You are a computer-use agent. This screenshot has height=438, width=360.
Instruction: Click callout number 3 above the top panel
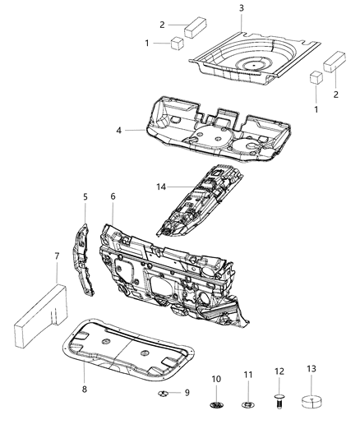[241, 8]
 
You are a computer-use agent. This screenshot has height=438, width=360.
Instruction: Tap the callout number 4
[119, 130]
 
